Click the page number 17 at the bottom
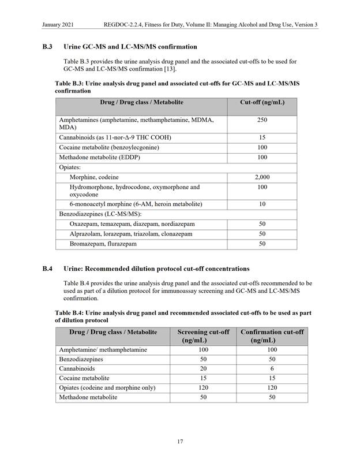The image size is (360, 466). (x=180, y=442)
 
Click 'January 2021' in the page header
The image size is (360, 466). (x=59, y=25)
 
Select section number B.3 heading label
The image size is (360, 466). (x=48, y=46)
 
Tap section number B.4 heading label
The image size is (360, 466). (x=48, y=269)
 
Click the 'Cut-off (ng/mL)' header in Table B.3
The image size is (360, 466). (x=262, y=102)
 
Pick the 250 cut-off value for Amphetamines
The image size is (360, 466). (x=262, y=120)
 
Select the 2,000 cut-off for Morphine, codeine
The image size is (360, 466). (x=262, y=177)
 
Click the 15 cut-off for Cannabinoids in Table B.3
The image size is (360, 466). (x=262, y=137)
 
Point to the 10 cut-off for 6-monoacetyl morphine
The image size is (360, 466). (x=262, y=204)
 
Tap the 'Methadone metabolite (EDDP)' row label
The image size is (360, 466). (x=99, y=157)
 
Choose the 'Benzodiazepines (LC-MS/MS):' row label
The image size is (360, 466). (x=101, y=214)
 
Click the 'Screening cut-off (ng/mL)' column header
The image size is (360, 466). (x=202, y=336)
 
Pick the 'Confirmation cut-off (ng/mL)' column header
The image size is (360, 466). (x=272, y=336)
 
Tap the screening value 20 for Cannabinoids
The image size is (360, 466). (x=202, y=368)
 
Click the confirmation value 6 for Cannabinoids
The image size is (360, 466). (x=272, y=368)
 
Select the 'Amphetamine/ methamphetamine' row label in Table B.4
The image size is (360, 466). (x=103, y=350)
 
